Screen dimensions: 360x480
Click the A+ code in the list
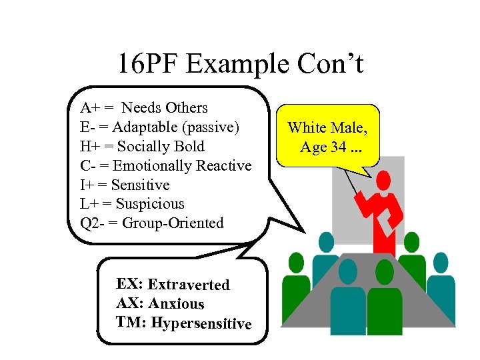tap(88, 108)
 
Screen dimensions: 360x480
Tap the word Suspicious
tap(150, 204)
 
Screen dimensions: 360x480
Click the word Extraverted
tap(189, 285)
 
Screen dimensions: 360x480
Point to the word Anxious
tap(176, 304)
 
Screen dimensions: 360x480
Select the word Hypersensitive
tap(201, 323)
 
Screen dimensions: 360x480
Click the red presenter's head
tap(383, 180)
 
